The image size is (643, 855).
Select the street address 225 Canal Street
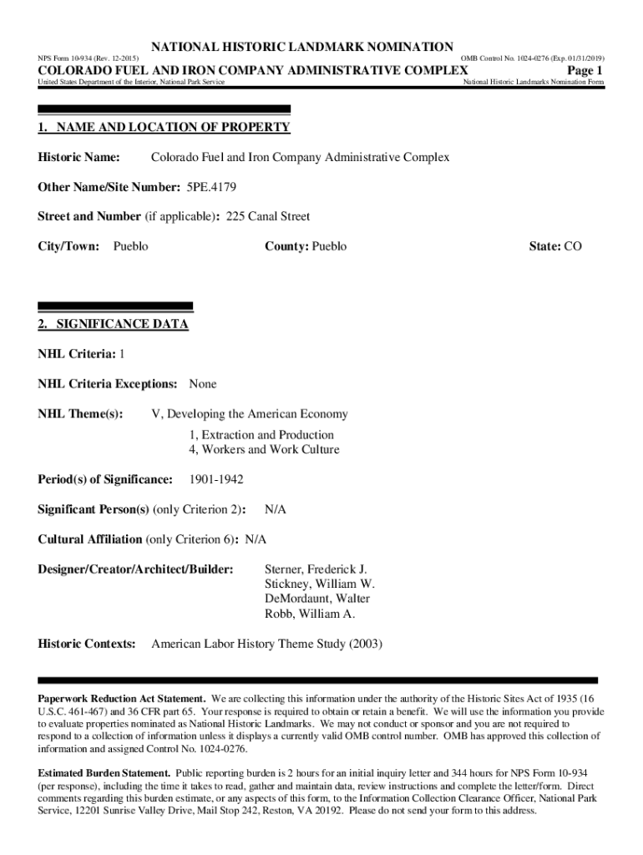click(x=268, y=216)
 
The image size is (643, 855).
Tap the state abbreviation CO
click(x=573, y=246)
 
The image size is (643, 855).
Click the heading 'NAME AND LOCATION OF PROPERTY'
click(x=171, y=127)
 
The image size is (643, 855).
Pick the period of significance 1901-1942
click(x=216, y=479)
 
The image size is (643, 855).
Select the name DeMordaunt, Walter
click(x=317, y=599)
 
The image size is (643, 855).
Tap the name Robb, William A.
click(x=310, y=614)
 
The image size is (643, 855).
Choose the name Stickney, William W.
click(x=320, y=584)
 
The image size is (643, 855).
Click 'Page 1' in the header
click(x=585, y=70)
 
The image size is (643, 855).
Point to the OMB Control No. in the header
click(x=533, y=58)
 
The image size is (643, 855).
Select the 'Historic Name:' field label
click(x=78, y=157)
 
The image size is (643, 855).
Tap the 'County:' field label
click(x=287, y=246)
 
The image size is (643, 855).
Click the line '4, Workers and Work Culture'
click(x=264, y=450)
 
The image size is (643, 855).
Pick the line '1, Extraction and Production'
click(x=261, y=435)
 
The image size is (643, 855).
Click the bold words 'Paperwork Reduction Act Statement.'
click(x=122, y=698)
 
